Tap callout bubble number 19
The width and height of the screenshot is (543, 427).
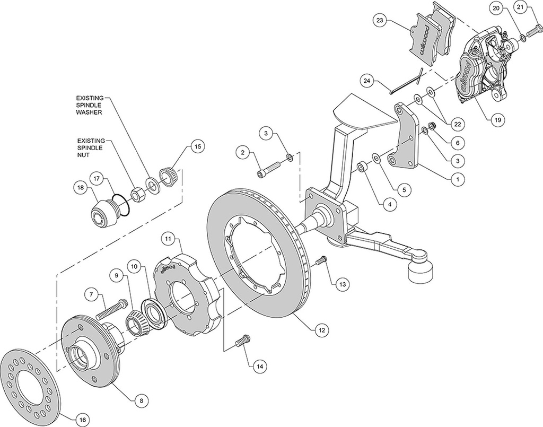point(497,120)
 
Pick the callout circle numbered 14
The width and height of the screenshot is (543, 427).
point(259,365)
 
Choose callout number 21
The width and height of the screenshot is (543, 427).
point(520,8)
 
